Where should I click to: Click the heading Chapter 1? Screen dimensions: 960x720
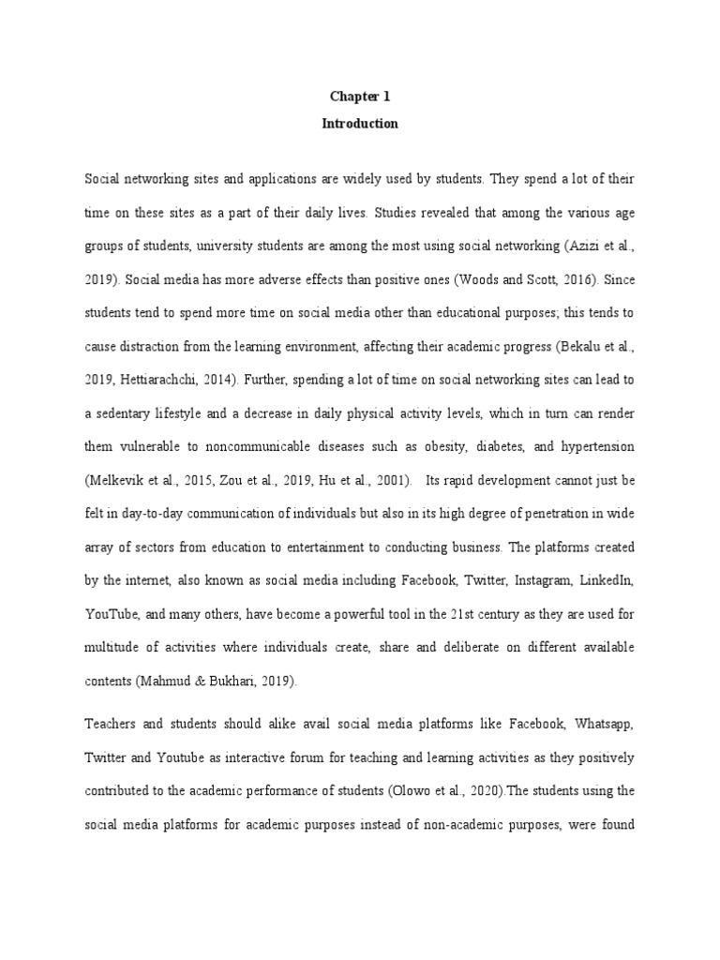[359, 96]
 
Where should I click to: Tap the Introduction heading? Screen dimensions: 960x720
[359, 123]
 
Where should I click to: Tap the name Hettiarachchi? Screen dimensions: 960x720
[162, 380]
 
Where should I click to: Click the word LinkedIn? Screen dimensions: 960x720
[607, 581]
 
